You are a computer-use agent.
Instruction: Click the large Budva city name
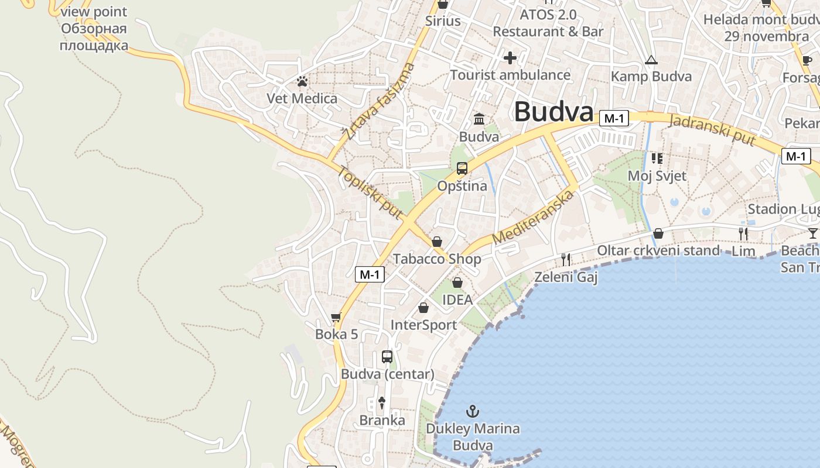click(x=553, y=112)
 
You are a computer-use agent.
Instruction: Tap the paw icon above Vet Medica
click(x=302, y=81)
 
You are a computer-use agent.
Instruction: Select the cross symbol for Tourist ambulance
click(x=510, y=58)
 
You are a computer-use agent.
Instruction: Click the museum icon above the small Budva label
click(x=479, y=119)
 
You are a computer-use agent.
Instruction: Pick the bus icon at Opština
click(x=462, y=169)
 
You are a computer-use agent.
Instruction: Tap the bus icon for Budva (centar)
click(x=387, y=356)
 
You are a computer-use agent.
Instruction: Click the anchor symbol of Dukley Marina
click(x=473, y=411)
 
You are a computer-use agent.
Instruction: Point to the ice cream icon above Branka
click(x=382, y=402)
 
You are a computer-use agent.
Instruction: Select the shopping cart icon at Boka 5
click(x=336, y=318)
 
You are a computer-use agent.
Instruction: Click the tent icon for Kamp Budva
click(x=651, y=60)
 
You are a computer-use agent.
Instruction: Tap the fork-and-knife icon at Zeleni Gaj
click(x=566, y=259)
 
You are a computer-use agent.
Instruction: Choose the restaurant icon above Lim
click(x=743, y=234)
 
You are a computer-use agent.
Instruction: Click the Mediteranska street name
click(x=532, y=218)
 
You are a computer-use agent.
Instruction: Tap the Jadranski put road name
click(x=712, y=130)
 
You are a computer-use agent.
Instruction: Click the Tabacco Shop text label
click(x=437, y=259)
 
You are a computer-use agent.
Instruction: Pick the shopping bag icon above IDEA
click(x=457, y=283)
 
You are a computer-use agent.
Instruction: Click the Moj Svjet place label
click(x=657, y=175)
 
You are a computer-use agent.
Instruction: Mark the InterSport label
click(x=423, y=325)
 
